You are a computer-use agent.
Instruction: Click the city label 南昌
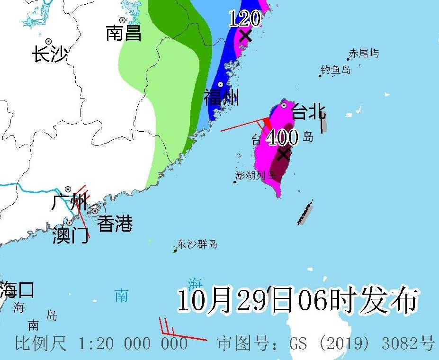coord(124,33)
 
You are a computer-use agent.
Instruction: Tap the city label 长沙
coord(50,54)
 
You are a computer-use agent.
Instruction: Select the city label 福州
coord(221,97)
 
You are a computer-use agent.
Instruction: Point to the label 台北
coord(308,112)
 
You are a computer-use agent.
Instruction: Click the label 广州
coord(69,203)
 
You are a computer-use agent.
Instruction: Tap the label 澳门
coord(71,235)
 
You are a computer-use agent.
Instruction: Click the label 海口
coord(17,289)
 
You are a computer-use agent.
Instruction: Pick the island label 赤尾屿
coord(364,54)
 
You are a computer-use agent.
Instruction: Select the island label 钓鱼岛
coord(336,70)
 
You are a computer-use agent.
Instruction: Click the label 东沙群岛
coord(197,244)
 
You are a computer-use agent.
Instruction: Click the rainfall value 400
coord(282,138)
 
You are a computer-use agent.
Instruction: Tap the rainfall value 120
coord(245,19)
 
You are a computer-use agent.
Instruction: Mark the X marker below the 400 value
coord(284,154)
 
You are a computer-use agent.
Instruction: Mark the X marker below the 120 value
coord(245,36)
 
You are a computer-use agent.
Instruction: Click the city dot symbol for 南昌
coord(123,20)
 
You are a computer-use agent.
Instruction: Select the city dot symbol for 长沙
coord(48,41)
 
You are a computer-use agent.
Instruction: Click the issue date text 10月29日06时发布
coord(298,300)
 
